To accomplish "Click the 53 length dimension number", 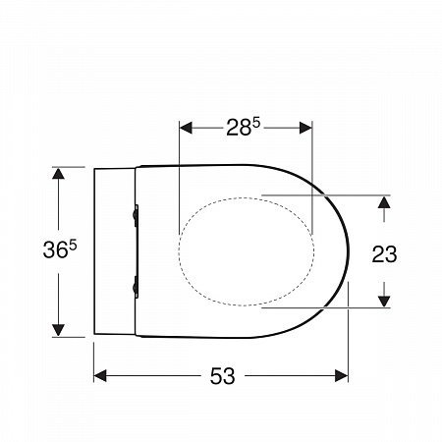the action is point(222,376).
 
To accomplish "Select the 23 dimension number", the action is point(384,254).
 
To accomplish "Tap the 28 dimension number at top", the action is point(239,128).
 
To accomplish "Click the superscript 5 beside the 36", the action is point(73,246).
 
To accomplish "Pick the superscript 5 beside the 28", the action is point(256,124).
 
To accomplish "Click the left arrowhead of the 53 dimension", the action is point(100,375).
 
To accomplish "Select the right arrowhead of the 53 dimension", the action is point(342,375).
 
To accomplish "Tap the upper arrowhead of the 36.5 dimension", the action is point(58,174).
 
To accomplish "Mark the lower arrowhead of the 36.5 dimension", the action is point(58,330).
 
